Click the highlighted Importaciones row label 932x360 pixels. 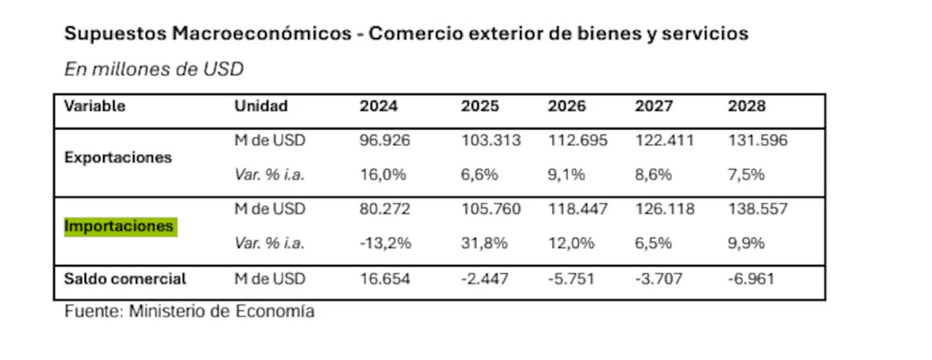pos(120,226)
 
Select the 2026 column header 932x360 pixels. pos(567,107)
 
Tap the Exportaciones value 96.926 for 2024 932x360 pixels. pos(384,141)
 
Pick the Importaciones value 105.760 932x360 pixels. pos(491,208)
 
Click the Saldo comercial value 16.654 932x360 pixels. pos(384,279)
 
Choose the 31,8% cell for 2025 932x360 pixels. pos(480,243)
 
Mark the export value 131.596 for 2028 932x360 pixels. pos(758,141)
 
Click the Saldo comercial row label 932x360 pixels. pos(125,279)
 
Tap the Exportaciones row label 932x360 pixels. pos(118,157)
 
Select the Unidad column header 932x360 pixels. pos(261,107)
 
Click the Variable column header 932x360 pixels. pos(95,107)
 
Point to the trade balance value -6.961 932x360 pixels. pos(751,279)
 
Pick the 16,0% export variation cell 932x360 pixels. pos(382,174)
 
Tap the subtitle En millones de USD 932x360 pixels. pos(154,69)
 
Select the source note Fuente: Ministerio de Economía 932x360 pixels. pos(189,311)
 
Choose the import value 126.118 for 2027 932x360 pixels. pos(665,208)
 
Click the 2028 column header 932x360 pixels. pos(747,107)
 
